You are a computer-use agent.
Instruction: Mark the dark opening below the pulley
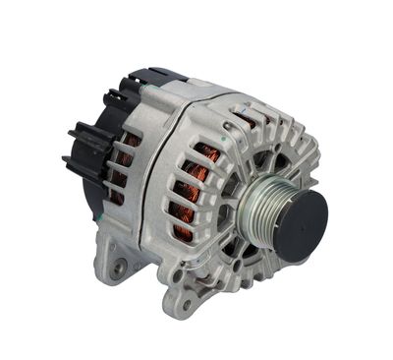(257, 258)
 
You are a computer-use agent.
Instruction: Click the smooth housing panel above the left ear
(147, 211)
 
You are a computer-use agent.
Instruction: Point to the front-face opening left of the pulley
(228, 211)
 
